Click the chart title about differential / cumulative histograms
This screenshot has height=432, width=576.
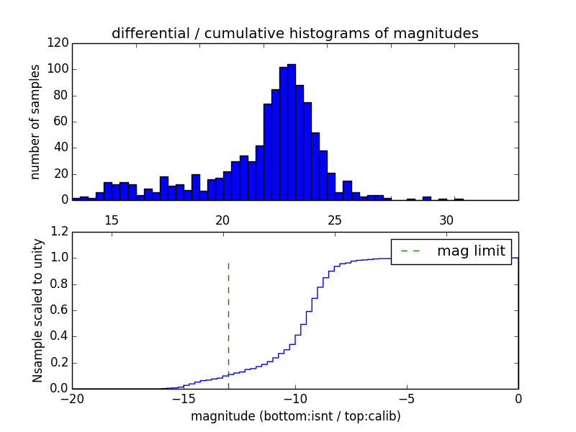[294, 33]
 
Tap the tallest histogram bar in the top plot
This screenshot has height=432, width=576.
[292, 132]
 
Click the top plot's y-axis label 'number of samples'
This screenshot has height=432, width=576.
[35, 121]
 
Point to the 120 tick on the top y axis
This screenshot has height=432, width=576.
[60, 43]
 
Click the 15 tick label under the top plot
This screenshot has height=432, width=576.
[112, 220]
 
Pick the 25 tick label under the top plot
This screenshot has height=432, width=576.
[335, 220]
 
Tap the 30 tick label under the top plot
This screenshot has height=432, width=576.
[446, 220]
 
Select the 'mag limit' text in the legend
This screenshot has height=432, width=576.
[471, 251]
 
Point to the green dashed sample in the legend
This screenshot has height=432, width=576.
[410, 251]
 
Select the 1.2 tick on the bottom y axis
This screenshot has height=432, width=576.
[60, 232]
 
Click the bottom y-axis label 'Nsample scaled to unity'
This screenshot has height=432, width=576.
[37, 310]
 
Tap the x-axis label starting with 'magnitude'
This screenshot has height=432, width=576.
[295, 416]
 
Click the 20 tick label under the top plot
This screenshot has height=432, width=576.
[223, 220]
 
